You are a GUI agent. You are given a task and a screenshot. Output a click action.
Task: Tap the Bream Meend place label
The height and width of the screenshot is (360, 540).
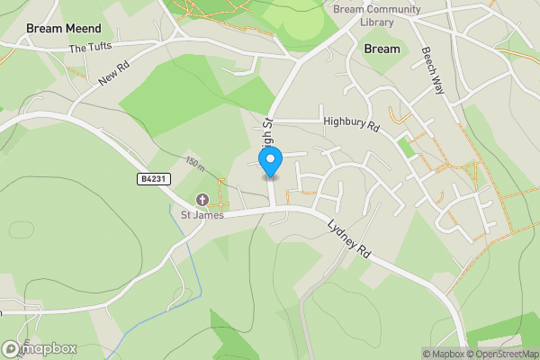(62, 29)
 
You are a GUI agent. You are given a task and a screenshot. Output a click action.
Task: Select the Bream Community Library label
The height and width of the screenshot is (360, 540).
(377, 15)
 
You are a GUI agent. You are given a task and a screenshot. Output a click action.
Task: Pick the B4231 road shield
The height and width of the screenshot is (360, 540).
(153, 180)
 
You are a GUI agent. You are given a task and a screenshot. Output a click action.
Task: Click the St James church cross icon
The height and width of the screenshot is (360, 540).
(202, 200)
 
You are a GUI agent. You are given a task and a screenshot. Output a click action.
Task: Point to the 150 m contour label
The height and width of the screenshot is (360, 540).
(195, 165)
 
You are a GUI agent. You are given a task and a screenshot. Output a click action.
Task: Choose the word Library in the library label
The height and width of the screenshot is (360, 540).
(377, 22)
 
